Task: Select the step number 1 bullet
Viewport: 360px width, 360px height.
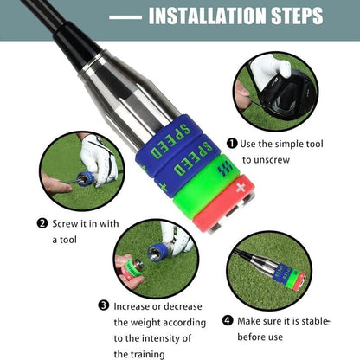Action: point(232,144)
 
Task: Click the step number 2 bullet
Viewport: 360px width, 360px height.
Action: point(42,222)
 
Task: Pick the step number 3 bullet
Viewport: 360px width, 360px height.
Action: point(103,305)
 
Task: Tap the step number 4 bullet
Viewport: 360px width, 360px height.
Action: point(228,320)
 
